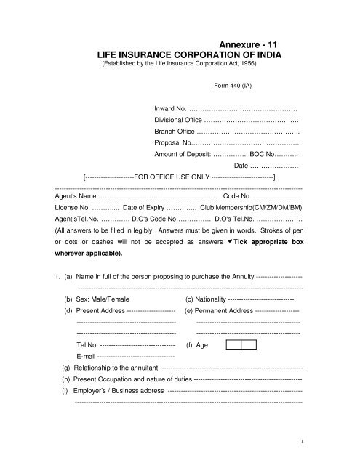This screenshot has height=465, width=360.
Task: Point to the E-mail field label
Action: click(x=85, y=357)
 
